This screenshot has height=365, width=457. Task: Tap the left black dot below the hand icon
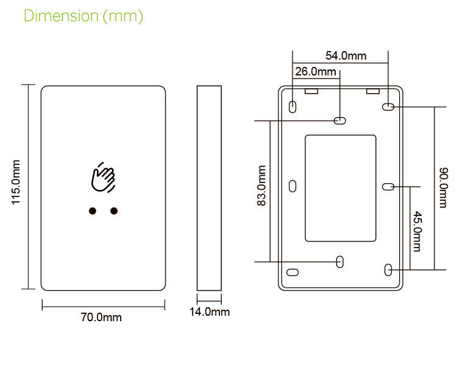pos(93,211)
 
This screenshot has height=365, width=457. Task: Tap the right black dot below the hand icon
pos(113,211)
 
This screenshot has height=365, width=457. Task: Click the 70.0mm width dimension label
pos(101,318)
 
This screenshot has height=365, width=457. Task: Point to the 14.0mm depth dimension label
pos(209,312)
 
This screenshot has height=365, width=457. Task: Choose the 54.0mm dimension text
pos(345,56)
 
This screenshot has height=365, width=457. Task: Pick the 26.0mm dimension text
pos(315,72)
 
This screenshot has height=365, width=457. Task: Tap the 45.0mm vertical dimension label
pos(417,231)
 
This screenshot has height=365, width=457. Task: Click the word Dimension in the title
pos(60,16)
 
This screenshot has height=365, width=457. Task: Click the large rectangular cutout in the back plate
pos(340,188)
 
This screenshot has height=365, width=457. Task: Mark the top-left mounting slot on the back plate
pos(292,107)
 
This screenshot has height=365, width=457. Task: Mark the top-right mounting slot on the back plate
pos(388,107)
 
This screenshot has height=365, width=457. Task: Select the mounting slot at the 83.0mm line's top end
pos(340,120)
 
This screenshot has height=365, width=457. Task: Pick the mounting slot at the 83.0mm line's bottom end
pos(340,262)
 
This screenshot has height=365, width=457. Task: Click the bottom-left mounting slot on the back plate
pos(292,273)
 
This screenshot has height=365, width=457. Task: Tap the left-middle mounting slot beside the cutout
pos(292,186)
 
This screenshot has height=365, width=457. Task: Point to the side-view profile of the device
pos(209,188)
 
